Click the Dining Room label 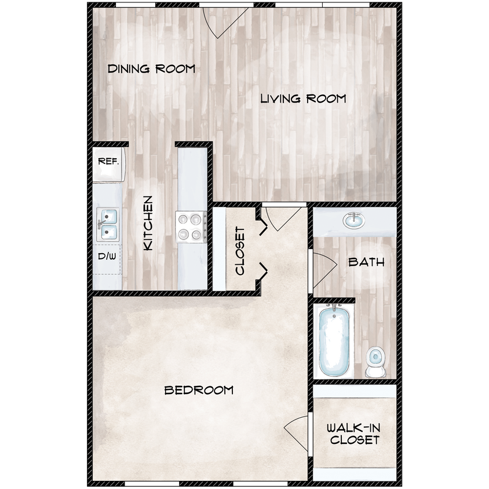(x=151, y=69)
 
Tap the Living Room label (x=302, y=98)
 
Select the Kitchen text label (x=148, y=223)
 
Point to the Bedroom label (x=199, y=390)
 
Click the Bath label (x=366, y=262)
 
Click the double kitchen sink (x=108, y=225)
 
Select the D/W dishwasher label (x=107, y=256)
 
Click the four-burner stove (x=191, y=227)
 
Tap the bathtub (x=334, y=342)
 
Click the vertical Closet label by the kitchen (x=240, y=250)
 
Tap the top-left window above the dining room (x=135, y=5)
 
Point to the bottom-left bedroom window (x=151, y=483)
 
